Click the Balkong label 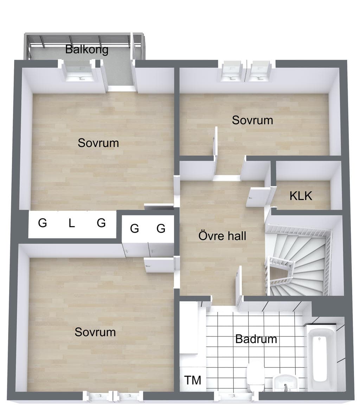point(87,50)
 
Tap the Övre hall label point(222,236)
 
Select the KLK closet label point(301,196)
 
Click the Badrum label point(256,339)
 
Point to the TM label point(193,380)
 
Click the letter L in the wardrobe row point(72,223)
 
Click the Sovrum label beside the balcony point(98,143)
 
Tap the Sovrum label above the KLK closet point(252,120)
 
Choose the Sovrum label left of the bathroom point(95,332)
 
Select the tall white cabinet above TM point(189,328)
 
